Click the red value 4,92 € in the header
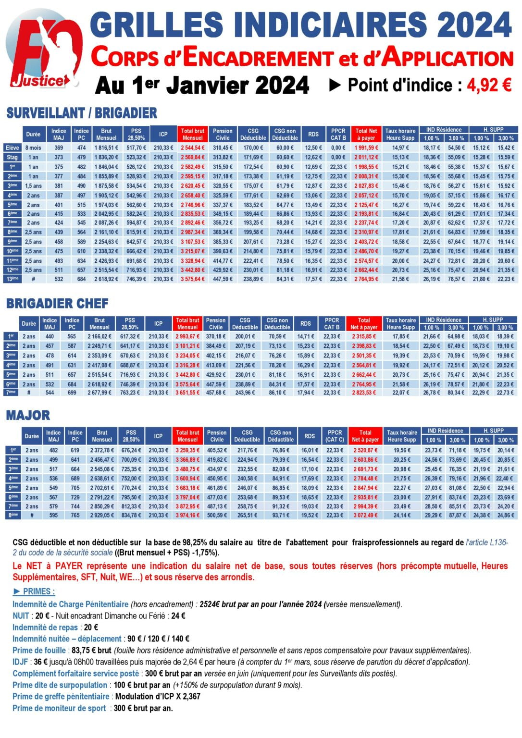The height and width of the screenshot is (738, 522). pyautogui.click(x=489, y=85)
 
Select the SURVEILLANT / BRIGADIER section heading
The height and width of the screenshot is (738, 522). pyautogui.click(x=82, y=113)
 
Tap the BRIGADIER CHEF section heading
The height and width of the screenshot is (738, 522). pyautogui.click(x=57, y=303)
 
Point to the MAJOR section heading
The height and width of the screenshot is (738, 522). pyautogui.click(x=28, y=415)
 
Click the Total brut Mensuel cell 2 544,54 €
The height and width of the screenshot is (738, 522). pyautogui.click(x=192, y=148)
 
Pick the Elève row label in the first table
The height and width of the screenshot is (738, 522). pyautogui.click(x=12, y=148)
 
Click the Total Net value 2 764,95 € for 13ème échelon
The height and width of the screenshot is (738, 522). pyautogui.click(x=366, y=279)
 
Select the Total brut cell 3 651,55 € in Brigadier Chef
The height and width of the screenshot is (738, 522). pyautogui.click(x=187, y=393)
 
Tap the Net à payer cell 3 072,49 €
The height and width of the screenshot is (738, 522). pyautogui.click(x=365, y=515)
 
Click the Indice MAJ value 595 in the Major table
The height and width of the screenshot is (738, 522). pyautogui.click(x=53, y=515)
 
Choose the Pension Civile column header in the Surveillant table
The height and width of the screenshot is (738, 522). pyautogui.click(x=223, y=134)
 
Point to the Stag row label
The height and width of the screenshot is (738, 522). pyautogui.click(x=12, y=157)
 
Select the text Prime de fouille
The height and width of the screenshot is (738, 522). pyautogui.click(x=39, y=650)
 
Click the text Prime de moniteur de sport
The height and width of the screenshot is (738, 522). pyautogui.click(x=59, y=708)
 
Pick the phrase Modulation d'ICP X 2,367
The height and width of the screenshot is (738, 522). pyautogui.click(x=158, y=696)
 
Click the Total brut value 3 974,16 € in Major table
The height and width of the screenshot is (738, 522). pyautogui.click(x=187, y=515)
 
